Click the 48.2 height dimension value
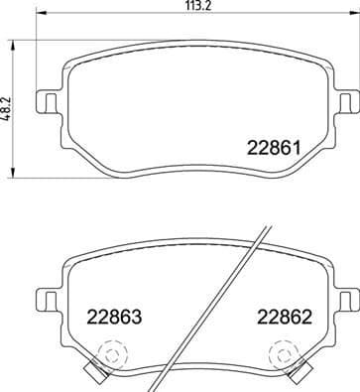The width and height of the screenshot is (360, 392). (8, 107)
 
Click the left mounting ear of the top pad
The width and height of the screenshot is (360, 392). (46, 101)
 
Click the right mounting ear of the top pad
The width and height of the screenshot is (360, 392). (343, 101)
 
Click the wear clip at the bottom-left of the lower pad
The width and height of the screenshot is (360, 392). (94, 373)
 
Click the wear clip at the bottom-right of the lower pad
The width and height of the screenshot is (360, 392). (297, 373)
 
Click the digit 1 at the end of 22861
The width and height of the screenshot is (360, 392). (296, 150)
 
